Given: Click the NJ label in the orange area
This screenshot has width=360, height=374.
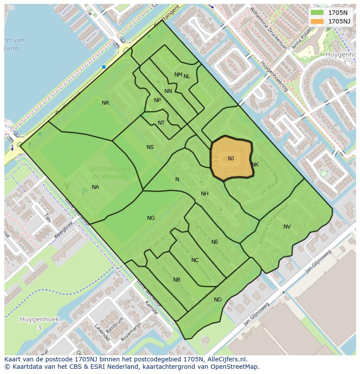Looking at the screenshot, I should tap(230, 159).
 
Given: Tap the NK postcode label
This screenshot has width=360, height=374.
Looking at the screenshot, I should tap(255, 165).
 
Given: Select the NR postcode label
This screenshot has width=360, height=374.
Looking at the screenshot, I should tap(105, 103).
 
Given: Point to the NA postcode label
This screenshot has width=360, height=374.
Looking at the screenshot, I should tap(95, 187).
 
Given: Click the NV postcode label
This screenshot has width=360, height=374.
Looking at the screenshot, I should tap(287, 227).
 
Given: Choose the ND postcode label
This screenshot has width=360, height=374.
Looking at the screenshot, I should tap(218, 300).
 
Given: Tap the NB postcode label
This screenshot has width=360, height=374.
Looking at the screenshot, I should tap(177, 280).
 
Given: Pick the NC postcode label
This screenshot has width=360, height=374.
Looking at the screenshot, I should tap(195, 261).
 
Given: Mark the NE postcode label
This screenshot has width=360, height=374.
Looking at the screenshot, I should tap(215, 242).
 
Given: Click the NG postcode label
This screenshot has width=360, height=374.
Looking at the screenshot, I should tap(151, 218).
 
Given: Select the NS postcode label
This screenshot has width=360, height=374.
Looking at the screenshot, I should tap(150, 147).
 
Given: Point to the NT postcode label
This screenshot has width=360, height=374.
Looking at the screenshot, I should tap(161, 123).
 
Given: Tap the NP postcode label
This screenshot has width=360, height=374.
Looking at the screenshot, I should tap(157, 100).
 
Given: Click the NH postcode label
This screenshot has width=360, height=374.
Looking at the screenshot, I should tap(205, 194).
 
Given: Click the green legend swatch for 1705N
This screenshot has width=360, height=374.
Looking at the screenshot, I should tap(317, 13).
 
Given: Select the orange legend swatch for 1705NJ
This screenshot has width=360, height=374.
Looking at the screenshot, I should tap(317, 21).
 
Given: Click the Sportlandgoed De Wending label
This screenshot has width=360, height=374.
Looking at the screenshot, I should tap(107, 173).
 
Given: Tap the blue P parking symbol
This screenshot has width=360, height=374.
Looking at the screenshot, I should tap(84, 192).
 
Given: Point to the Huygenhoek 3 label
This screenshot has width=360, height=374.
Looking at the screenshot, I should tap(39, 323).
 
